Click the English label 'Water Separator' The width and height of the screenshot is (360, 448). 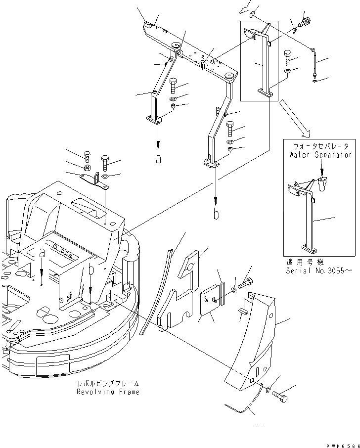(x=320, y=154)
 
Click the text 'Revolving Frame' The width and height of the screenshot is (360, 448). (x=108, y=392)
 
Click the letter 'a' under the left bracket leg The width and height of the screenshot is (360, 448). (x=158, y=160)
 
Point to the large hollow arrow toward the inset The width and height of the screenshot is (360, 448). (x=294, y=118)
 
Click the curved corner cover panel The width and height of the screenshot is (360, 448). (x=252, y=341)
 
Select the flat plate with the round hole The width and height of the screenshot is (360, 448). (x=180, y=292)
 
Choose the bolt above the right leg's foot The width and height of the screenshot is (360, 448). (x=230, y=129)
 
